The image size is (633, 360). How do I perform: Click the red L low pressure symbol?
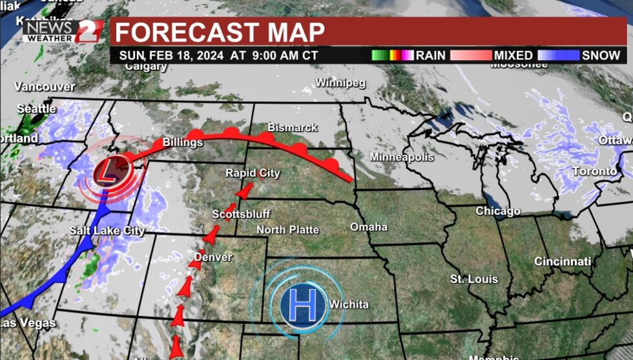pyautogui.click(x=108, y=172)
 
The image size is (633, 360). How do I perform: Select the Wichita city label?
pyautogui.click(x=349, y=304)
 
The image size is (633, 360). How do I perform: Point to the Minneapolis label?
pyautogui.click(x=402, y=157)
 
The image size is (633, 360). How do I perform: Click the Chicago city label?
pyautogui.click(x=498, y=211)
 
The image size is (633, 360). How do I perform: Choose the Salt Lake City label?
pyautogui.click(x=107, y=231)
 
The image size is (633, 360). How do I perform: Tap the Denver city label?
pyautogui.click(x=213, y=257)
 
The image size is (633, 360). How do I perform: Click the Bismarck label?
pyautogui.click(x=293, y=127)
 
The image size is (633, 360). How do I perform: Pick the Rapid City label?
pyautogui.click(x=253, y=173)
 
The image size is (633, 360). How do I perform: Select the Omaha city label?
pyautogui.click(x=369, y=227)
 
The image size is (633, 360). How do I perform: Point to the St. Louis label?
pyautogui.click(x=474, y=279)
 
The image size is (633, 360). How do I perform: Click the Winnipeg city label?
pyautogui.click(x=340, y=83)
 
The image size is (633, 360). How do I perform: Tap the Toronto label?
pyautogui.click(x=594, y=171)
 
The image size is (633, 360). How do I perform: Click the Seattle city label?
pyautogui.click(x=36, y=109)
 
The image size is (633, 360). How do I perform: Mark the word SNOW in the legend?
pyautogui.click(x=601, y=56)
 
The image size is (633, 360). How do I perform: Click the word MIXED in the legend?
pyautogui.click(x=513, y=56)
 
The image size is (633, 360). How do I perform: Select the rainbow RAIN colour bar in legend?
pyautogui.click(x=392, y=56)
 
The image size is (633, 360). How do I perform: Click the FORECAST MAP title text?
pyautogui.click(x=220, y=32)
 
